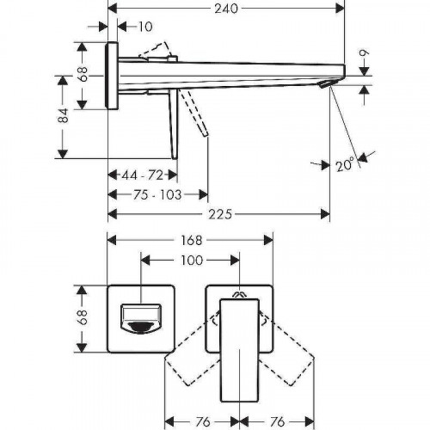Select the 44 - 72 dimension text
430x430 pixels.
tap(143, 175)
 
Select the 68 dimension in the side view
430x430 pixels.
tap(83, 75)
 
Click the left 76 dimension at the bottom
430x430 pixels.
tap(200, 396)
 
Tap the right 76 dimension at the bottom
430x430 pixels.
tap(278, 396)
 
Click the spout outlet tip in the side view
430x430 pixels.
tap(326, 83)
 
